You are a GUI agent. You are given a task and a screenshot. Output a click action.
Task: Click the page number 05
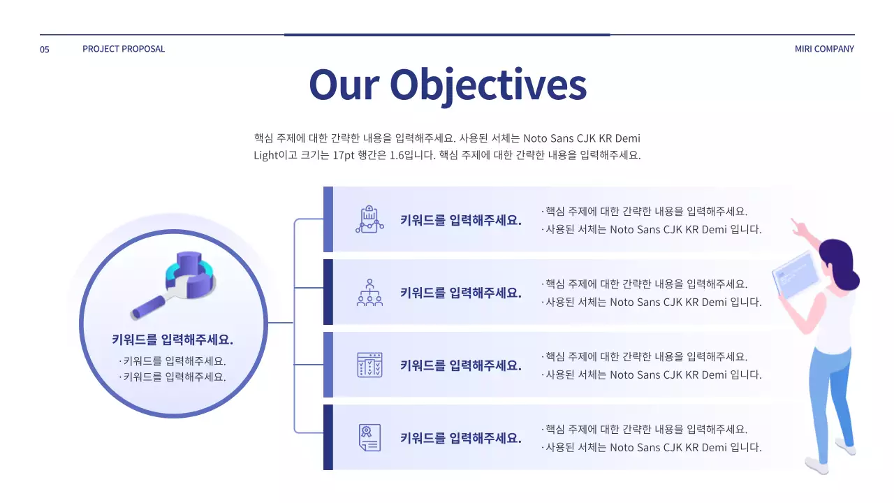45,50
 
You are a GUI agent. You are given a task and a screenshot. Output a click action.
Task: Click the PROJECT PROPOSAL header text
124,49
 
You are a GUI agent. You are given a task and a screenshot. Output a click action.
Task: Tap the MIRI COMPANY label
824,49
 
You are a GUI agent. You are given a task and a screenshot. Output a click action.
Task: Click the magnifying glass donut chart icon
175,283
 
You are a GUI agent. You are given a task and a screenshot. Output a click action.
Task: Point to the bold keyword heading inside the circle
173,340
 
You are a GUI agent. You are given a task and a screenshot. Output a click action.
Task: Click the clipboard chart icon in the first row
369,219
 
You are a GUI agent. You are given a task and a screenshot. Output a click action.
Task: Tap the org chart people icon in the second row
369,292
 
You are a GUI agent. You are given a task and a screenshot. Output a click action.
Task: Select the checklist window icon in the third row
369,365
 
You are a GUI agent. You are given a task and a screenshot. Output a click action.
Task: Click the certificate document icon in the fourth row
369,437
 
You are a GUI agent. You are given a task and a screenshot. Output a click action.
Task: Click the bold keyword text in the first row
461,220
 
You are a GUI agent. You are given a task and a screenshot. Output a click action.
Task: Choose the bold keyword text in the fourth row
461,438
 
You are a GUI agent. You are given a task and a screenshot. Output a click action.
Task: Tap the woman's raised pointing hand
797,227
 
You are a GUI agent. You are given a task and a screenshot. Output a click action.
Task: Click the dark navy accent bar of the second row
328,292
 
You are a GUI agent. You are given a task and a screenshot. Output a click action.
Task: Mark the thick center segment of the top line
447,34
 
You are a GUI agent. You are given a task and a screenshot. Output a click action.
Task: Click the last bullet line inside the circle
173,377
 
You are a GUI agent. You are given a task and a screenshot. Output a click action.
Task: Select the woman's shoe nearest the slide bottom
816,465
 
